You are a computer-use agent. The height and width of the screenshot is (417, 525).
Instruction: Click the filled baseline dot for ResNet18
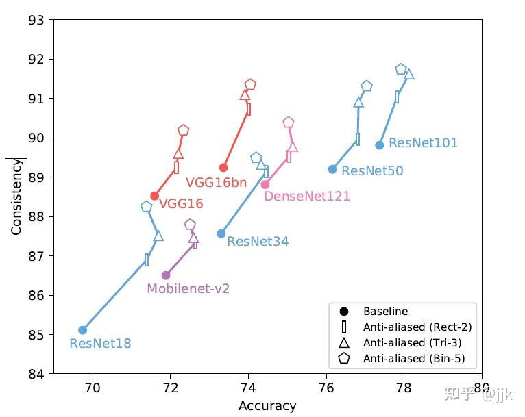82,330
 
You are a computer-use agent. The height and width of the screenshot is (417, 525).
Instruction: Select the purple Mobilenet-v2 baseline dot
166,275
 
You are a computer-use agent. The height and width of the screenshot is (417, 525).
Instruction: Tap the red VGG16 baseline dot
154,196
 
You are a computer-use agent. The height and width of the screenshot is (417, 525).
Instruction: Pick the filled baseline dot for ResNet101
379,145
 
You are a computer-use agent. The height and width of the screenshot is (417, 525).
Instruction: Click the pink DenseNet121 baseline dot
265,184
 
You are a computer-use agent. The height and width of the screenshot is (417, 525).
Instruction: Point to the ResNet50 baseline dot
332,169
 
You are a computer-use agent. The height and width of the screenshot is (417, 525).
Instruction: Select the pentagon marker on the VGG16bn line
250,85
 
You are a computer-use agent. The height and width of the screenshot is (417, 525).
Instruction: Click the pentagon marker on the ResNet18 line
146,207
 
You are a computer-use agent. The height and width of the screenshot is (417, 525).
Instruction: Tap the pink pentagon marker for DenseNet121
289,123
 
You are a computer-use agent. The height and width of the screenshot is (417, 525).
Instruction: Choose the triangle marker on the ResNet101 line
409,74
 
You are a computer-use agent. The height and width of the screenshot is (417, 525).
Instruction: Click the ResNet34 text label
258,242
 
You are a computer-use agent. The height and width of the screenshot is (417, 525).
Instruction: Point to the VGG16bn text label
216,184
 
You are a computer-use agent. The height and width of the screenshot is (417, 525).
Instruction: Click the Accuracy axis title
267,406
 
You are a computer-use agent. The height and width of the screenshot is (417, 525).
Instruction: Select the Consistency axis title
16,197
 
